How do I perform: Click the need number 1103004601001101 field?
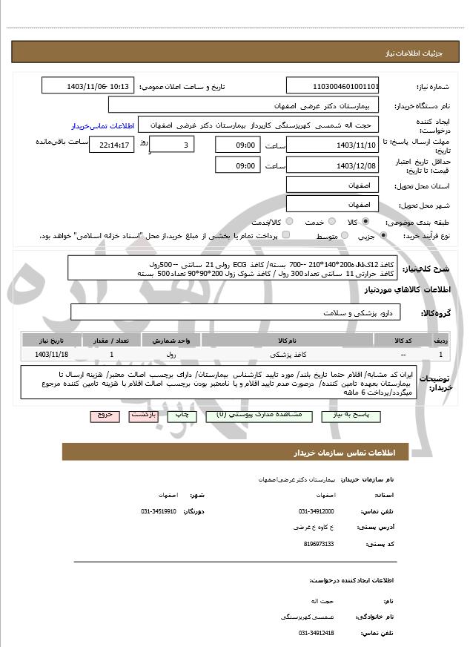click(x=332, y=86)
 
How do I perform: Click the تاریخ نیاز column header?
click(x=50, y=340)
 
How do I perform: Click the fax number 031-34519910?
click(x=159, y=511)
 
